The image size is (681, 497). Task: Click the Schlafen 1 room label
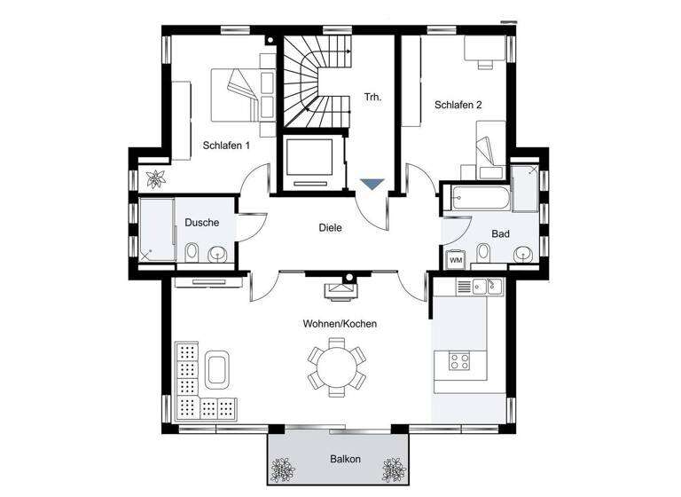coord(226,146)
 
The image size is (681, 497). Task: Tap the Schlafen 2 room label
coord(458,105)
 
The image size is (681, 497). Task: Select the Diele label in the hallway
coord(330,227)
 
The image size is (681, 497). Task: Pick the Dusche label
coord(201,223)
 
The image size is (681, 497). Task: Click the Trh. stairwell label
coord(372,97)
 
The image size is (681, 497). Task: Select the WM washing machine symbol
coord(455,260)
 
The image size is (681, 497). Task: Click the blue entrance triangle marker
coord(372,184)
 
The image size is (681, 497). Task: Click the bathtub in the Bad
coord(479,198)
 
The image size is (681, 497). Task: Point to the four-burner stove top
coord(461,361)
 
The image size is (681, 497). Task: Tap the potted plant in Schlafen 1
coord(156,178)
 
